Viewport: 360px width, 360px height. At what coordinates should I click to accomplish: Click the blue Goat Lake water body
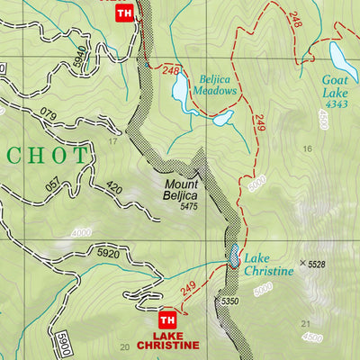[341, 58]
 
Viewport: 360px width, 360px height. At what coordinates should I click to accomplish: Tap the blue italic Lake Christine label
[269, 264]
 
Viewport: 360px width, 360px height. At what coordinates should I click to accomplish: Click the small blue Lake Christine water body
[234, 257]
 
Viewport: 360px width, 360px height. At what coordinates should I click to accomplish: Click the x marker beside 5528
[301, 264]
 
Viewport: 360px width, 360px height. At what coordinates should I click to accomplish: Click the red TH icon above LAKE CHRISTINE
[166, 320]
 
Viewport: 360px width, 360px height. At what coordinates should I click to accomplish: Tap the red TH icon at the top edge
[125, 13]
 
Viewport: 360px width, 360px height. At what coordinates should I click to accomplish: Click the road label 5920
[108, 255]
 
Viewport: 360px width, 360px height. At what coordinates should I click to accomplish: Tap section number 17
[113, 141]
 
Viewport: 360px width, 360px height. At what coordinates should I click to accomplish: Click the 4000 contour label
[82, 234]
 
